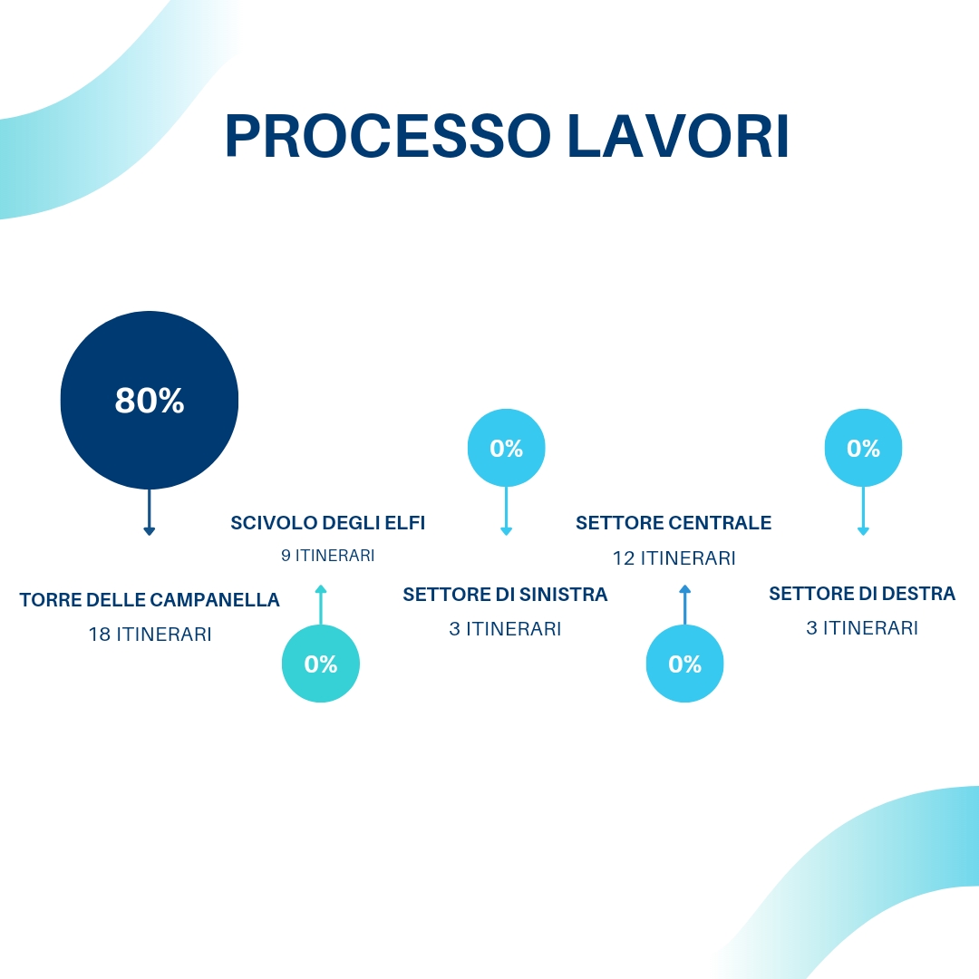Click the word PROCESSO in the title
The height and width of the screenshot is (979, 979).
(x=387, y=137)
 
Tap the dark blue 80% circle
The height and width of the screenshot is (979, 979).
(x=150, y=400)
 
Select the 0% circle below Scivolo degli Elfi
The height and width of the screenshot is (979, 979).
(x=321, y=664)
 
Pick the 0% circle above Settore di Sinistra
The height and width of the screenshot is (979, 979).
(x=506, y=448)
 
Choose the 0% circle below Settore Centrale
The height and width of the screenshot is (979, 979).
(x=684, y=664)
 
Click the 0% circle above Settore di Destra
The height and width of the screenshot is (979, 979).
(x=863, y=448)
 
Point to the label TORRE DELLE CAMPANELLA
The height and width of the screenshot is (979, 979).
(x=150, y=600)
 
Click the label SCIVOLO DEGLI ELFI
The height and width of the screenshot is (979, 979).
(x=327, y=523)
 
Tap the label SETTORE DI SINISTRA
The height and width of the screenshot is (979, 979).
(x=505, y=595)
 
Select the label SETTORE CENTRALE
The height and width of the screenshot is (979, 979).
(x=674, y=523)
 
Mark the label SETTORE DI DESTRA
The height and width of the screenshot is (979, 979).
(x=862, y=594)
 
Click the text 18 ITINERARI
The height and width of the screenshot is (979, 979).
(x=150, y=635)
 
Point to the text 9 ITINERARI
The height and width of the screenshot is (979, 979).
(x=327, y=556)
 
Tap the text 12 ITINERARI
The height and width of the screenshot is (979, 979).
(x=674, y=558)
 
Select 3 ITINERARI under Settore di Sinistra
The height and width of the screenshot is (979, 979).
(x=505, y=628)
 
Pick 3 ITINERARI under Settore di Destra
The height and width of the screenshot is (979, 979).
(x=862, y=627)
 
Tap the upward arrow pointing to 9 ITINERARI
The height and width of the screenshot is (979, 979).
(x=321, y=604)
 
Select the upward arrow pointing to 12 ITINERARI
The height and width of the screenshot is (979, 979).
(x=684, y=604)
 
